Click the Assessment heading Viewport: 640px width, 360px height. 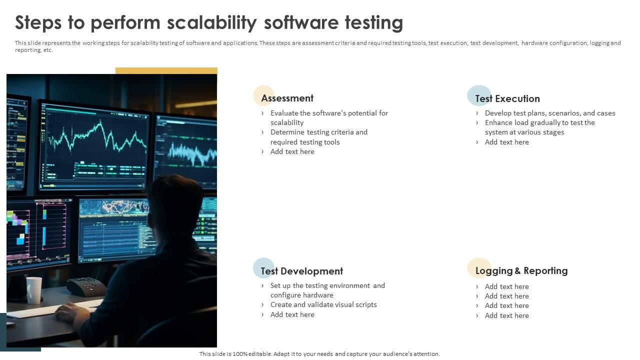pyautogui.click(x=287, y=98)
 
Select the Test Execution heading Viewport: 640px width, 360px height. pyautogui.click(x=507, y=99)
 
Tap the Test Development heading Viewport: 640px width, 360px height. pyautogui.click(x=301, y=271)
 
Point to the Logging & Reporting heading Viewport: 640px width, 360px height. pyautogui.click(x=521, y=271)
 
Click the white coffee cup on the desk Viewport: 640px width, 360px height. pyautogui.click(x=34, y=290)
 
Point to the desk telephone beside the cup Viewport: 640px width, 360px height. pyautogui.click(x=85, y=287)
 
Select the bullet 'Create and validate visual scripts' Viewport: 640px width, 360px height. pyautogui.click(x=323, y=305)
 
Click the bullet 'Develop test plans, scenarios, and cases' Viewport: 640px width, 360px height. pyautogui.click(x=550, y=113)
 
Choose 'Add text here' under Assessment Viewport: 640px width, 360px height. pyautogui.click(x=292, y=152)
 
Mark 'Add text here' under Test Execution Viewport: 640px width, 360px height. pyautogui.click(x=506, y=142)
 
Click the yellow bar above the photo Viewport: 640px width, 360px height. pyautogui.click(x=166, y=71)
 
